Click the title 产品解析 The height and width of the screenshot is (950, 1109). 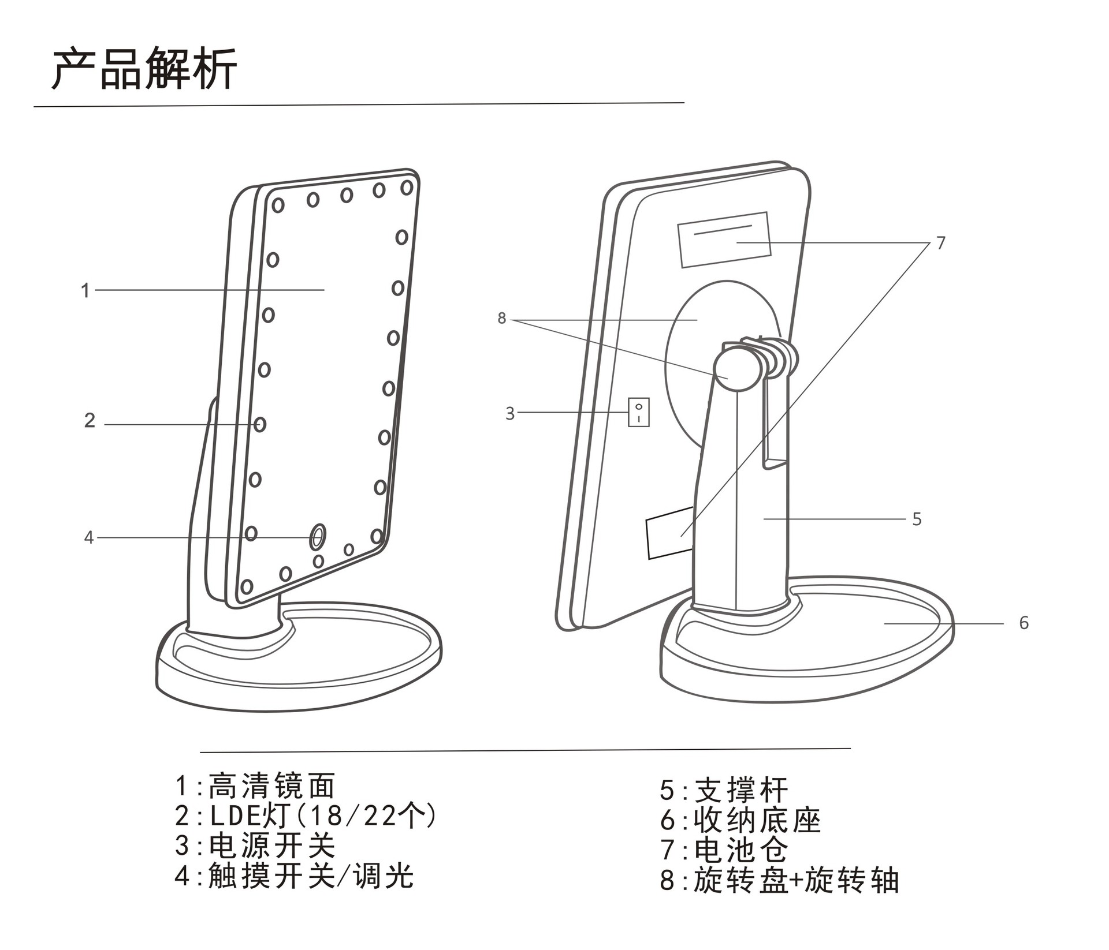[144, 69]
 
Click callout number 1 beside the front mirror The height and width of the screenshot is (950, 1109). [85, 290]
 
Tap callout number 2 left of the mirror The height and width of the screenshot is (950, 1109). [90, 420]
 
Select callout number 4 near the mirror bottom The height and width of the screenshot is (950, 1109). [88, 538]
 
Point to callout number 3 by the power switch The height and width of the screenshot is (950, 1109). [509, 413]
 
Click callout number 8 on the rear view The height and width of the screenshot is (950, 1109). [501, 318]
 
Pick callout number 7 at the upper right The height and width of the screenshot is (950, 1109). [941, 243]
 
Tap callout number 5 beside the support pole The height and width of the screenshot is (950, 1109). [917, 519]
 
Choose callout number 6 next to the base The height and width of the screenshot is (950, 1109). [1024, 623]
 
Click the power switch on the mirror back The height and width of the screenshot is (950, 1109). [638, 412]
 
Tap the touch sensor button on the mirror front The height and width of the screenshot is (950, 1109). [317, 537]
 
